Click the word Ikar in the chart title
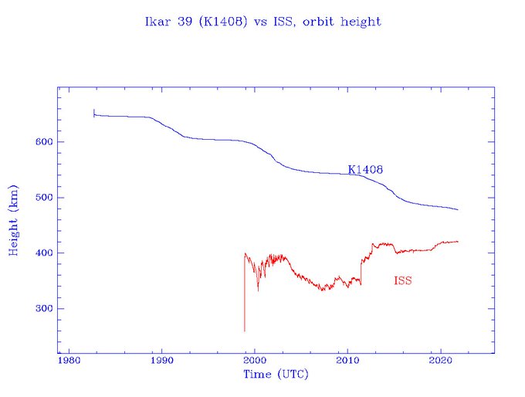click(x=156, y=22)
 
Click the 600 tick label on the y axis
click(x=43, y=142)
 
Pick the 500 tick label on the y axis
click(x=43, y=198)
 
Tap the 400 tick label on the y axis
click(x=43, y=253)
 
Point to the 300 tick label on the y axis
click(x=43, y=309)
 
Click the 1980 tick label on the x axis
click(x=69, y=361)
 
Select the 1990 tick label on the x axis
click(x=161, y=361)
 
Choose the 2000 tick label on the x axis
click(x=255, y=361)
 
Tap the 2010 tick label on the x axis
click(x=347, y=361)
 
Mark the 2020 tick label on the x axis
click(x=440, y=361)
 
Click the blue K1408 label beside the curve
click(x=366, y=169)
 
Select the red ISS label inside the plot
click(x=402, y=281)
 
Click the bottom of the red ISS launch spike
click(x=245, y=330)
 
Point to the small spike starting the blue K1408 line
click(x=94, y=113)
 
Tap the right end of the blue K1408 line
click(x=458, y=209)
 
